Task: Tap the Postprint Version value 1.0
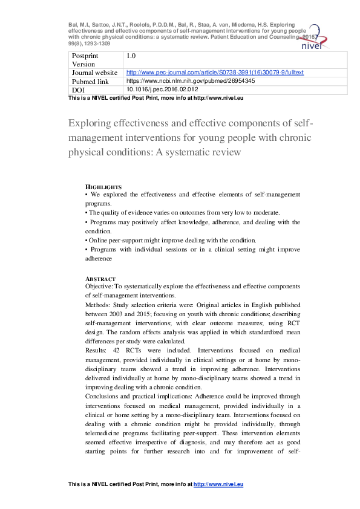click(130, 56)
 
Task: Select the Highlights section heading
click(103, 187)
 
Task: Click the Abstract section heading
click(100, 279)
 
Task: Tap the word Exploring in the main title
click(91, 125)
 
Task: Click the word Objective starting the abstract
click(99, 286)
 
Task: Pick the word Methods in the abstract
click(97, 306)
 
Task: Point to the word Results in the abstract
click(96, 351)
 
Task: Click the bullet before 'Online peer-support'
click(87, 241)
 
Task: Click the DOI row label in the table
click(79, 89)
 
